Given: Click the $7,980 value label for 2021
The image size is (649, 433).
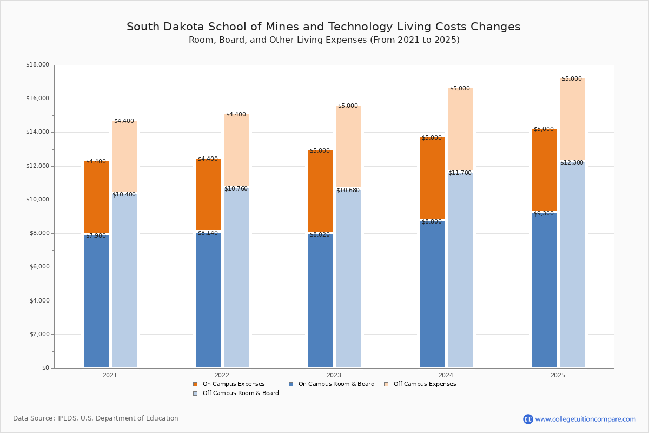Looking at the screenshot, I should pyautogui.click(x=96, y=236).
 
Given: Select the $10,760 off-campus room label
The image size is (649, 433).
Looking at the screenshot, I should pyautogui.click(x=236, y=189).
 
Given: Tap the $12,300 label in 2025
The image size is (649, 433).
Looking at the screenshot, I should pyautogui.click(x=572, y=163).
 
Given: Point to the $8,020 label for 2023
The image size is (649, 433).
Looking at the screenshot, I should pyautogui.click(x=320, y=235).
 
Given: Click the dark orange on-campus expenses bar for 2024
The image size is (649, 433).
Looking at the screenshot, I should pyautogui.click(x=432, y=179).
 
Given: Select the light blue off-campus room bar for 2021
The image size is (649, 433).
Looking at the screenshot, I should pyautogui.click(x=124, y=281).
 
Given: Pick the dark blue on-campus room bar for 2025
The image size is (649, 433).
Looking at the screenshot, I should pyautogui.click(x=544, y=292).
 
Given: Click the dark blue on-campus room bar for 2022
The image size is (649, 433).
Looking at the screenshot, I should pyautogui.click(x=208, y=300).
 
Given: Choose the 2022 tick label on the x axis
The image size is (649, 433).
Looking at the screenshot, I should pyautogui.click(x=222, y=375).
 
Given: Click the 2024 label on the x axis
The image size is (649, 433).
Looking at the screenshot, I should pyautogui.click(x=446, y=375).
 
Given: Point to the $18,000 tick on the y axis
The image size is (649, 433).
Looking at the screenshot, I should pyautogui.click(x=37, y=65).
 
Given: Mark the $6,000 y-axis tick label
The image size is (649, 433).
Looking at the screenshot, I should pyautogui.click(x=39, y=267).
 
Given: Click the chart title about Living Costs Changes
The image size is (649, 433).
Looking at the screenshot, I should pyautogui.click(x=323, y=27).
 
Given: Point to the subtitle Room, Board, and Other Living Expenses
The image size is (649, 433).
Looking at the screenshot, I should pyautogui.click(x=323, y=40).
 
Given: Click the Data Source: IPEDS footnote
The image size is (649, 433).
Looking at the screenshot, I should pyautogui.click(x=96, y=418).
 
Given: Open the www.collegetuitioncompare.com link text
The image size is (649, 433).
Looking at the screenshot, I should pyautogui.click(x=585, y=419).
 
